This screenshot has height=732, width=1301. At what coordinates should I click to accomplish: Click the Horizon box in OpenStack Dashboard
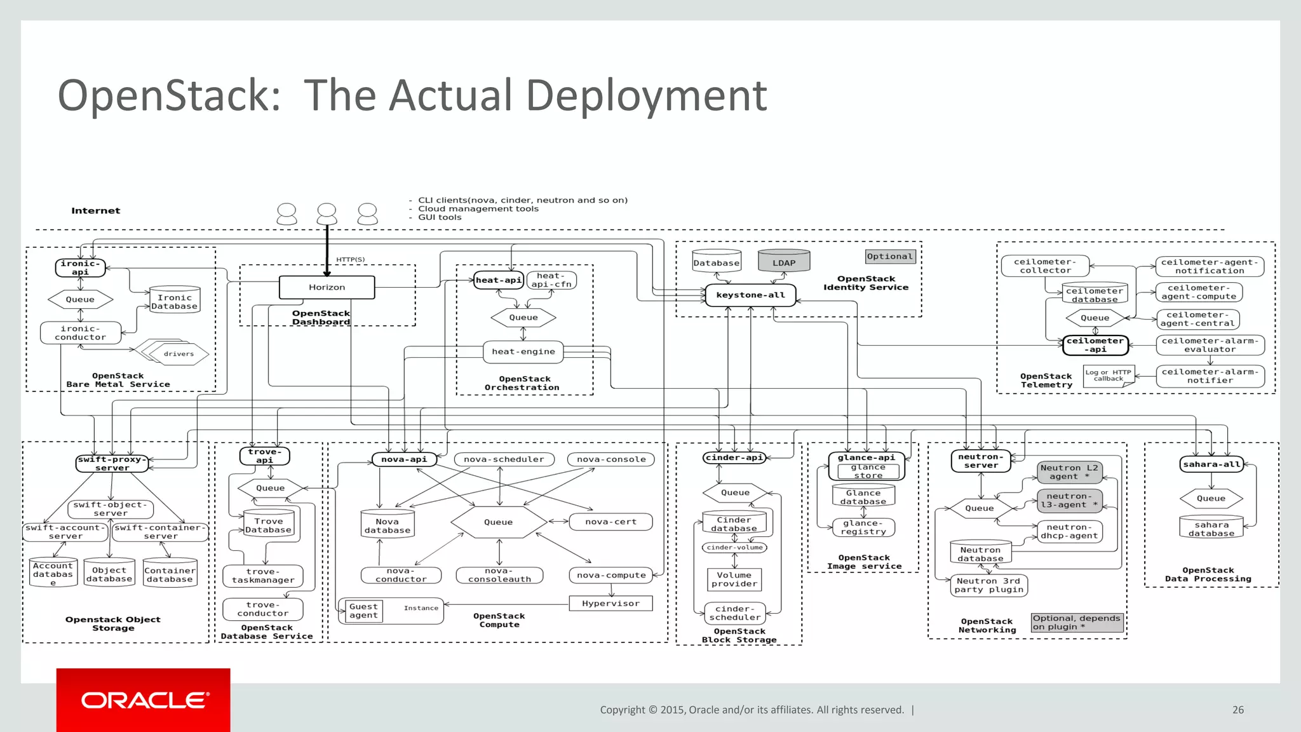point(327,287)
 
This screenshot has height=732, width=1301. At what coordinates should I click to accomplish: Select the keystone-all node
point(750,295)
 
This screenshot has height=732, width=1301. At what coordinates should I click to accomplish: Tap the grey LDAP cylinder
point(784,262)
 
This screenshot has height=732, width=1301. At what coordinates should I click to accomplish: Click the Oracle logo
point(144,700)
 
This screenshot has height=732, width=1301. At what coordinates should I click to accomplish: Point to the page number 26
point(1237,710)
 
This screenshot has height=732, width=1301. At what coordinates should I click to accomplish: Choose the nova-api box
point(404,459)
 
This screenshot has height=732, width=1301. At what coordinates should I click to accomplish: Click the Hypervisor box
point(610,604)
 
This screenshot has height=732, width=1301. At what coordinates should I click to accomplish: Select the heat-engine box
point(523,351)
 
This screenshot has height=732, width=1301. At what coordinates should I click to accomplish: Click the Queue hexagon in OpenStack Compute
point(498,522)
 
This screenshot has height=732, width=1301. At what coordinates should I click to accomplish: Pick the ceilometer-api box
point(1095,345)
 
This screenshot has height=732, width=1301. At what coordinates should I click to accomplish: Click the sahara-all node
point(1211,464)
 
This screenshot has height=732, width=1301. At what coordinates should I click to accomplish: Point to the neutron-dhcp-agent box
point(1068,531)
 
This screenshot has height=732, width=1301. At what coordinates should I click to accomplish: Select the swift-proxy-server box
point(112,463)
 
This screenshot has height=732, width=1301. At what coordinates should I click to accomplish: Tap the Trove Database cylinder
point(268,525)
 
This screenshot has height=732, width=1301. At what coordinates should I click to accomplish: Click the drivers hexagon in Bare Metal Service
point(180,354)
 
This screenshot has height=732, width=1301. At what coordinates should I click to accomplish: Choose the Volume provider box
point(734,579)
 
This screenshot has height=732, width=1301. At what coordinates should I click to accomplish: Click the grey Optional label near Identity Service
point(889,256)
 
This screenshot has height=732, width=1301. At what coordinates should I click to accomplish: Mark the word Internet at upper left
point(95,211)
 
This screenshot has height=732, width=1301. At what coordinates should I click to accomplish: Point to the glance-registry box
point(863,527)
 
